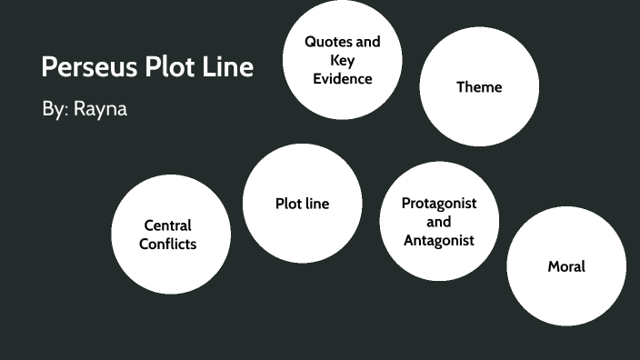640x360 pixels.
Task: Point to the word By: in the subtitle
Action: [x=53, y=109]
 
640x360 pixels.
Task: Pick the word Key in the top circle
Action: [x=343, y=60]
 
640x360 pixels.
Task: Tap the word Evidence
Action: [x=343, y=78]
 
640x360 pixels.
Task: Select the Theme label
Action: [x=479, y=87]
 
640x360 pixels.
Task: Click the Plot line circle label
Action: [x=302, y=204]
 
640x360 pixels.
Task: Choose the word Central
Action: [x=168, y=225]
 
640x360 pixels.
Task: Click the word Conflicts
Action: [x=168, y=244]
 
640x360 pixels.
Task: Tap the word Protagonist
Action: [x=438, y=203]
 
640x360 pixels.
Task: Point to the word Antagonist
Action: [x=438, y=241]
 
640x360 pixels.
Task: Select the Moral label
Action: [x=566, y=266]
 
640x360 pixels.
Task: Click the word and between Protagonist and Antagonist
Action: [x=438, y=222]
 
